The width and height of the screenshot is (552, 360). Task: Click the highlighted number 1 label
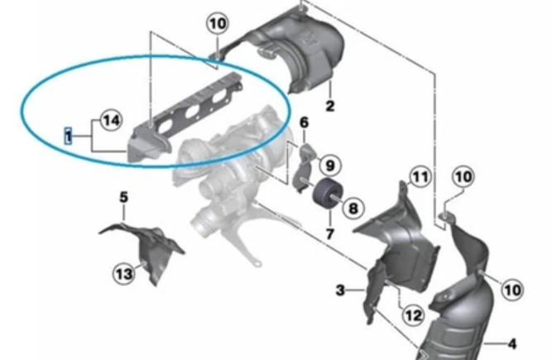(x=68, y=136)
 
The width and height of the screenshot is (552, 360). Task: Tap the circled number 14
(x=111, y=120)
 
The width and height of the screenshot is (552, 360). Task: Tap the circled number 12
(x=413, y=315)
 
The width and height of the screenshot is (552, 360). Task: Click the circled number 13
(x=124, y=273)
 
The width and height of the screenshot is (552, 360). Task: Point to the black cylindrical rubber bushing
(x=324, y=194)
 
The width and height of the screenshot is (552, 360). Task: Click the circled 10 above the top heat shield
(x=218, y=24)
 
